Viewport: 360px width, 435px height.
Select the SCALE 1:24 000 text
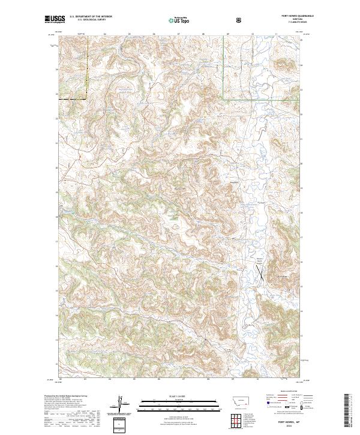tap(171, 397)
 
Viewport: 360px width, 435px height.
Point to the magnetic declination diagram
tap(120, 405)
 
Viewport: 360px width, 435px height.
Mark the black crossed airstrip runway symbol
tap(260, 274)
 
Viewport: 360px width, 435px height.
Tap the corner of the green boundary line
tap(223, 98)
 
